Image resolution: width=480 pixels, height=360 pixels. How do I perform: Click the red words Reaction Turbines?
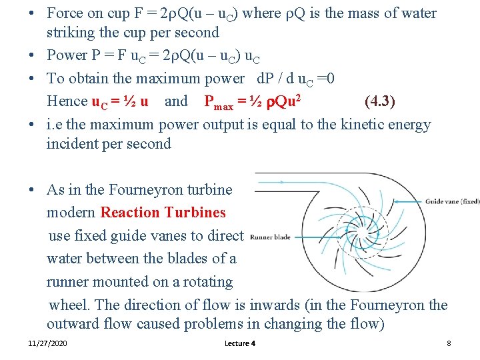click(163, 213)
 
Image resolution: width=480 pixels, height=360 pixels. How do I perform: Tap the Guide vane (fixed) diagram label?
click(452, 201)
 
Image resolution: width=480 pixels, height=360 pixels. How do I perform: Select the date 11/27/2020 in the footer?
click(47, 343)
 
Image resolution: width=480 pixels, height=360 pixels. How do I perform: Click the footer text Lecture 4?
click(241, 343)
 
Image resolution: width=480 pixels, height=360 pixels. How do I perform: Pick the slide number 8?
click(449, 343)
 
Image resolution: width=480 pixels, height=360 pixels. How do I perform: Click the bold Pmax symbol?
click(219, 102)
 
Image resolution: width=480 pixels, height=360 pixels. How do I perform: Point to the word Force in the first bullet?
click(65, 13)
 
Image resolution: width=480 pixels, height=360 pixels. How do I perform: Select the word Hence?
click(67, 101)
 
